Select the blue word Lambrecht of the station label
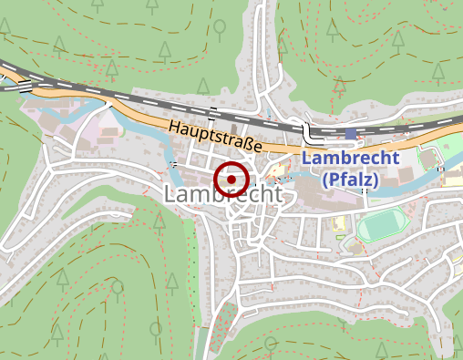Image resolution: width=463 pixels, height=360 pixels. click(350, 159)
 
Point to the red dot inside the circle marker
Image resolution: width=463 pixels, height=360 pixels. click(231, 180)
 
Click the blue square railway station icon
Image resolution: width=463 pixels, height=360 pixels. click(351, 134)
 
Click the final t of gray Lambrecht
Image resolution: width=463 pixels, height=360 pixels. click(278, 196)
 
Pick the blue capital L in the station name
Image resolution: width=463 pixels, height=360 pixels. click(306, 159)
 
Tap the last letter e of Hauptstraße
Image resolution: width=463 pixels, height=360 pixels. click(258, 147)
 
